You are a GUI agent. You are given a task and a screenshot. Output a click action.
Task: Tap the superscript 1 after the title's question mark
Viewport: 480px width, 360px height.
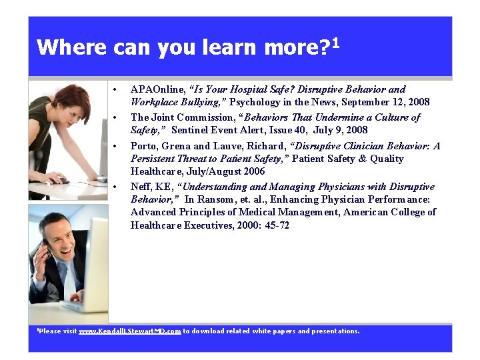(335, 43)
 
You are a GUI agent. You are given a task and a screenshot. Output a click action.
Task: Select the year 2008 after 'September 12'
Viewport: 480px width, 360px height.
(418, 102)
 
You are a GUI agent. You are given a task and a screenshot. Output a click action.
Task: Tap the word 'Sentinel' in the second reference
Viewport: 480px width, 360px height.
(191, 130)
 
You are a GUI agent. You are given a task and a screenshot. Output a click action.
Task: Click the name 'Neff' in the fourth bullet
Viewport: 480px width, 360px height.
(140, 187)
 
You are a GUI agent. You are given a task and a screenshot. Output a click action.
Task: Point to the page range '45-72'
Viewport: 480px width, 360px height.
(276, 225)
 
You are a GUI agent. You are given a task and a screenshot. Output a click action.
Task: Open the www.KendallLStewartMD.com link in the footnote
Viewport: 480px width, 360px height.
(130, 331)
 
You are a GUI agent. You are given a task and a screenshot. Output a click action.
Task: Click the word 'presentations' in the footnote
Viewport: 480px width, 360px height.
(335, 331)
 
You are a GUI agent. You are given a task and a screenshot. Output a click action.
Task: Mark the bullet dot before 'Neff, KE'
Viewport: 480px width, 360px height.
(116, 187)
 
